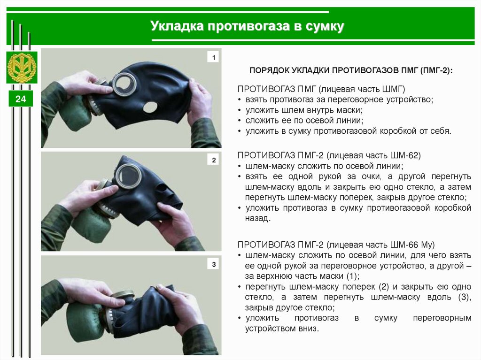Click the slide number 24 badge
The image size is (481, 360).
point(21,99)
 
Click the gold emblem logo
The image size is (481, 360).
point(22,68)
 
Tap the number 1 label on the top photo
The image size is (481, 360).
point(214,57)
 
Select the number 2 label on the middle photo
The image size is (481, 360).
point(214,160)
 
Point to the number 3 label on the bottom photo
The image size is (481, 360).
point(214,264)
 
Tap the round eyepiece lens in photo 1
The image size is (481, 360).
point(124,84)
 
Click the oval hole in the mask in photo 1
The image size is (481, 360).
point(150,107)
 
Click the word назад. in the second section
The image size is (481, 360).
point(258,218)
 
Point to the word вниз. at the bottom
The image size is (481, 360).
point(309,329)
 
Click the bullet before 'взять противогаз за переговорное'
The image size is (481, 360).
point(239,100)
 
